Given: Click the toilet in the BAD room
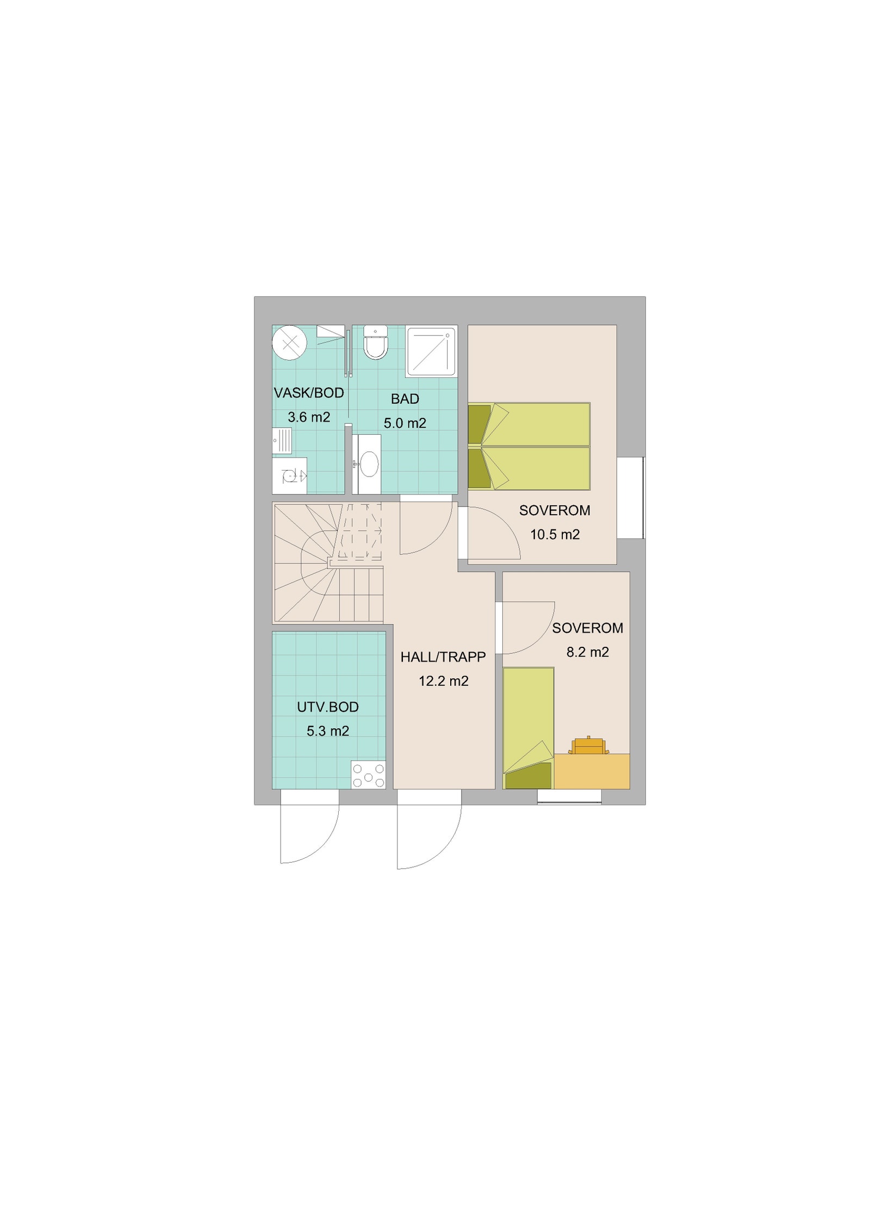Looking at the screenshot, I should click(375, 343).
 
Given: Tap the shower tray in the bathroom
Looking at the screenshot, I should click(431, 351).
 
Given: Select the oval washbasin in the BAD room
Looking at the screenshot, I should click(369, 464).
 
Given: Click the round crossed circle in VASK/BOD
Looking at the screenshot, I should click(290, 343).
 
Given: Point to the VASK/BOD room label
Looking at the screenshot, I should click(309, 393).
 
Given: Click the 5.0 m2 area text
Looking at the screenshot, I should click(405, 423).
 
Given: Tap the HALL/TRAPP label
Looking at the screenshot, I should click(443, 657).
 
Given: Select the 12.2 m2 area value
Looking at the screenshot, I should click(443, 681).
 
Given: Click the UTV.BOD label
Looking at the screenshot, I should click(327, 707).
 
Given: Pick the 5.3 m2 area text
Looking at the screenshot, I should click(327, 731).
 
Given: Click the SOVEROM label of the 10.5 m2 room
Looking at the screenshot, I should click(554, 510).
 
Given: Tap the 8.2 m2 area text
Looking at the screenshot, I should click(587, 652).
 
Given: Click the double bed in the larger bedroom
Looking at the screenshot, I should click(529, 446).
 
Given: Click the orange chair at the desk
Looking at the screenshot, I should click(588, 746).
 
